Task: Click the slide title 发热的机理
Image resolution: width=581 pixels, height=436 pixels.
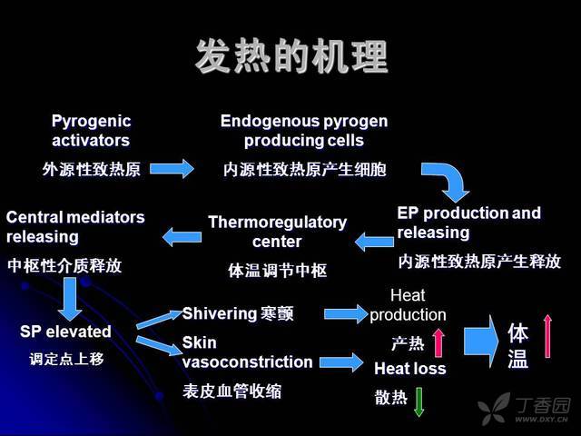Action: pos(291,56)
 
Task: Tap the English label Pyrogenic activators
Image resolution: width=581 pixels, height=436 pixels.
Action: pos(91,131)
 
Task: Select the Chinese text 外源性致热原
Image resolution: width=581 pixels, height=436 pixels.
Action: pos(91,170)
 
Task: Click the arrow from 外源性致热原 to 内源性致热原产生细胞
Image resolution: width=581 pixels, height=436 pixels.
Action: pos(172,169)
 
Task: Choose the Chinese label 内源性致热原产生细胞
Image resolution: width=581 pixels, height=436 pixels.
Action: pos(305,170)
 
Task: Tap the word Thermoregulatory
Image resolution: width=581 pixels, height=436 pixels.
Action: pos(278,223)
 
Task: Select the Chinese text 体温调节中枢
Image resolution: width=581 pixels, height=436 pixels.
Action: pos(278,271)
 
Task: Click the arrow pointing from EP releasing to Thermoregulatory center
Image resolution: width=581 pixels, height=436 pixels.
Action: pos(374,242)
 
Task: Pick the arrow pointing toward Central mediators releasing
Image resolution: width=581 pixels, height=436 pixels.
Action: pos(182,236)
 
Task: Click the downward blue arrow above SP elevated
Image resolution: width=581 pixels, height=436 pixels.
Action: pos(70,299)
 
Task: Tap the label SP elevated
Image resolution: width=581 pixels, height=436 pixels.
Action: pos(65,331)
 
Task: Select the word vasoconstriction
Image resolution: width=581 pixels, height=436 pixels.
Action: pos(248,362)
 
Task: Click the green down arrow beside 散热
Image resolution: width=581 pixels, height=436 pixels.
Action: pos(419,401)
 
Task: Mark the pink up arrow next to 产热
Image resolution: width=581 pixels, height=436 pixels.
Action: pos(438,343)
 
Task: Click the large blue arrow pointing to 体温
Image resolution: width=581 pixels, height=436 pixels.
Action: pos(481,342)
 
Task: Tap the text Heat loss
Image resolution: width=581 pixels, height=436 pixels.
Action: pos(410,369)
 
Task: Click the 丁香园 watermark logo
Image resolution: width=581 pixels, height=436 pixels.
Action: pos(524,408)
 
